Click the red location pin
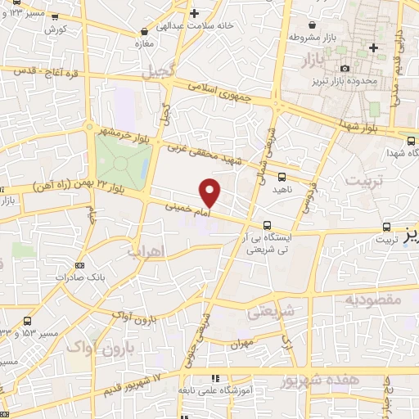210,192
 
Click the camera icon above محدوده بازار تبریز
345,68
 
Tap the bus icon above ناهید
282,176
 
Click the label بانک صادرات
79,276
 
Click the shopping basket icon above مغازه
144,32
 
